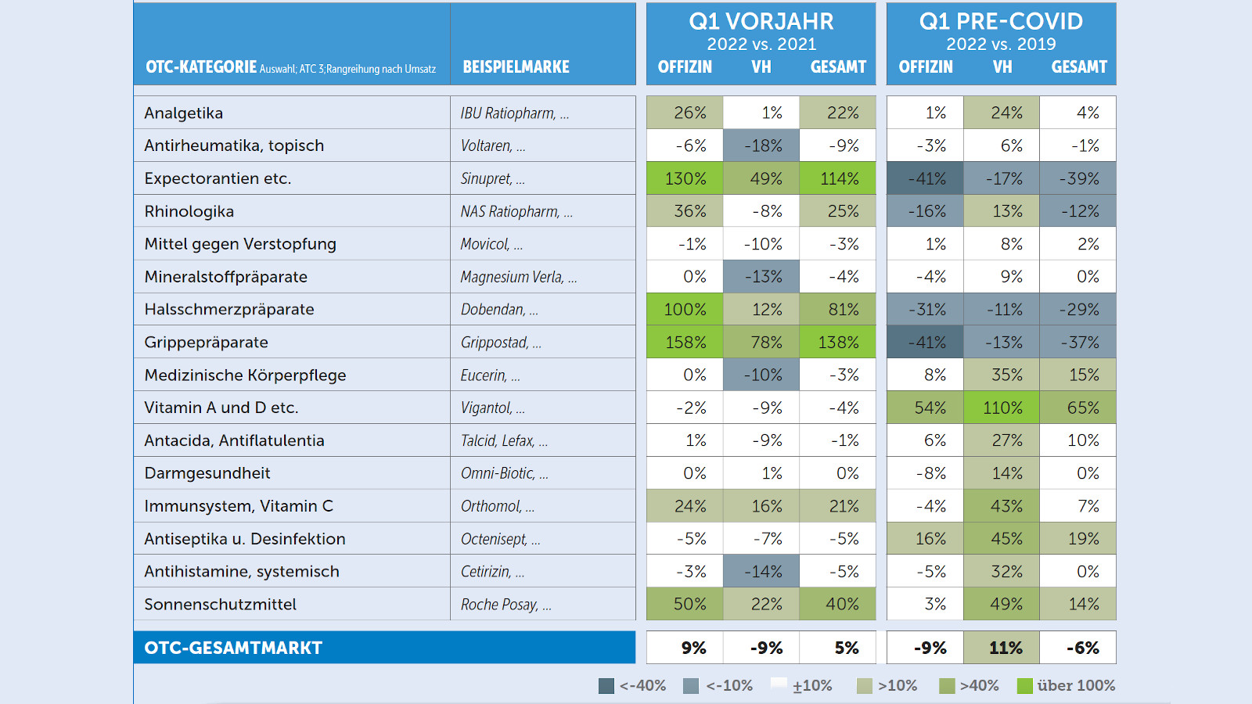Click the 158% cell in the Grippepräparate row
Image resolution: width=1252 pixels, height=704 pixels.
click(685, 343)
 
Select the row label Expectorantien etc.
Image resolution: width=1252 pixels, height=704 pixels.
click(218, 178)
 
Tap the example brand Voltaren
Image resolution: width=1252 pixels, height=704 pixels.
click(486, 146)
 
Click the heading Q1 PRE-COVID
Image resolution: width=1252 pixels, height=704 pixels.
click(1001, 21)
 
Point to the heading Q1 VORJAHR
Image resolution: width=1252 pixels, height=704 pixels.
click(761, 21)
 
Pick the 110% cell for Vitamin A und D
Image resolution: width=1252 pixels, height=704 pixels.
click(1002, 408)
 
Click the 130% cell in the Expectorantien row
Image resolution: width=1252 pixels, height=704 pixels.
click(685, 179)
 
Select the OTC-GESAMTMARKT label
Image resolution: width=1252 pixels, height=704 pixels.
click(233, 648)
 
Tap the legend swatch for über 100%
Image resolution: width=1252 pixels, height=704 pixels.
click(1024, 686)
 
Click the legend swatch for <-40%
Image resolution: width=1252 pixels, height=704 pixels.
click(606, 686)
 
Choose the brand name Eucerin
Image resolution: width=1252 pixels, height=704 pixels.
click(484, 375)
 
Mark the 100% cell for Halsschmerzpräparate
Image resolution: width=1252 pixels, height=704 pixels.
click(685, 310)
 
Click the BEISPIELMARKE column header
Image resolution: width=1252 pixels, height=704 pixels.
click(516, 67)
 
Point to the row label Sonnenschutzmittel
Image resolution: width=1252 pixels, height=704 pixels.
click(220, 605)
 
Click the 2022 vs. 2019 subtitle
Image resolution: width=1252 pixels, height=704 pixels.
click(1001, 45)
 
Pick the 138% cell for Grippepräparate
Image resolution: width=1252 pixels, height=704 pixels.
click(838, 343)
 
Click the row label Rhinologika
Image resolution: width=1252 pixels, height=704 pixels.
click(189, 212)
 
